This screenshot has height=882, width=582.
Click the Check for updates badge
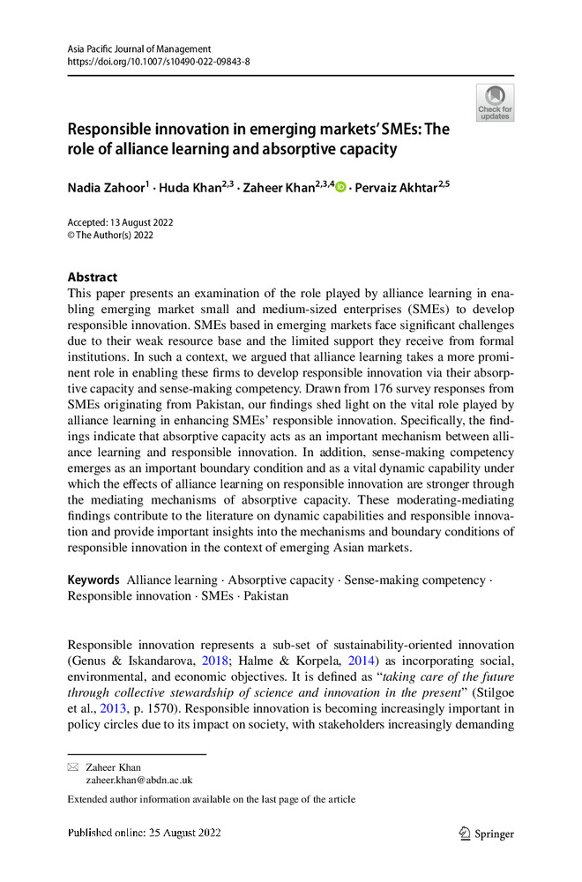point(495,103)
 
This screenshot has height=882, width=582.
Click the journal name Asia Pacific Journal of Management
point(139,48)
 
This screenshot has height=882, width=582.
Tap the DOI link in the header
point(159,62)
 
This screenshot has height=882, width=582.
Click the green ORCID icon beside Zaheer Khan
point(340,188)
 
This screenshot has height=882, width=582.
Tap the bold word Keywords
point(93,579)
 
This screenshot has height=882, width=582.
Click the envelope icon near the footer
point(73,767)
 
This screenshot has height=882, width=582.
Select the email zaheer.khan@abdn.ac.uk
point(138,781)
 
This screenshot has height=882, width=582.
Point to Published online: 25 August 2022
point(144,833)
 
